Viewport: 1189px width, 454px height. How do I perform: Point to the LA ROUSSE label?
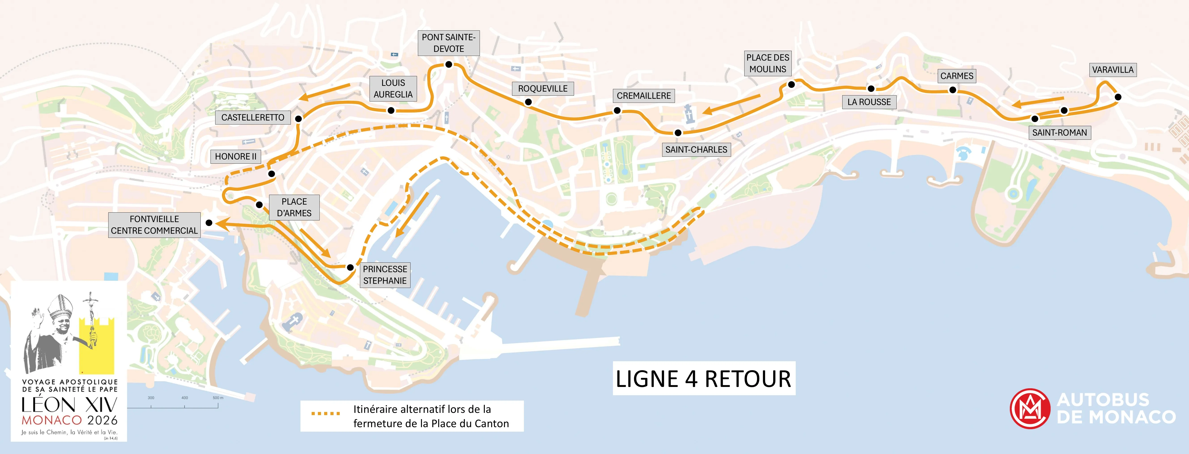(x=869, y=102)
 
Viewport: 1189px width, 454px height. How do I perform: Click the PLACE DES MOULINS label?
(x=768, y=63)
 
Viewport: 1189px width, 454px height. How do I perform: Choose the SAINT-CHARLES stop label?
(x=696, y=150)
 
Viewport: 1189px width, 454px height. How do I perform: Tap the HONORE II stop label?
(x=235, y=156)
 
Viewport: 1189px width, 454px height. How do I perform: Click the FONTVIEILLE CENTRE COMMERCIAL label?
(x=154, y=225)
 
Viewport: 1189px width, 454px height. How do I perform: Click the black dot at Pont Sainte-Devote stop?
(x=449, y=65)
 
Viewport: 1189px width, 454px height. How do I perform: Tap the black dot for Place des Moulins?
(x=791, y=84)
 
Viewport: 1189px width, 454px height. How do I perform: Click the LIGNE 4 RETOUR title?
(x=703, y=378)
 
